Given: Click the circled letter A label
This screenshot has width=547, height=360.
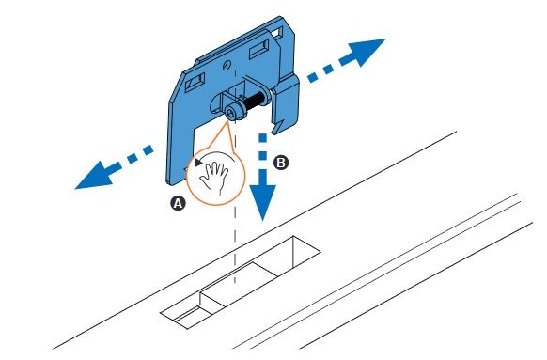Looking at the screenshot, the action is tap(178, 203).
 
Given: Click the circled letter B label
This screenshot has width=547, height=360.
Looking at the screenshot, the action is tap(280, 163).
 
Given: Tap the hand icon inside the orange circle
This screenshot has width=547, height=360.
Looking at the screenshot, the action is tap(213, 178).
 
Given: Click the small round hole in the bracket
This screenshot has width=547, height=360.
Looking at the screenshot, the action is tap(227, 65).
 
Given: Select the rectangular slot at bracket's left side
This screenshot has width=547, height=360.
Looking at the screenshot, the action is tap(195, 83).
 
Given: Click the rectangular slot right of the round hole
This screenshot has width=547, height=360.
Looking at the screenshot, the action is tap(258, 49).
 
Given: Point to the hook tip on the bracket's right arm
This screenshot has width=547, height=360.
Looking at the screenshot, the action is tap(275, 132).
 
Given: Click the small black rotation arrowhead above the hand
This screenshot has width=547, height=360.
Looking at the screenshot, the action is tap(198, 162).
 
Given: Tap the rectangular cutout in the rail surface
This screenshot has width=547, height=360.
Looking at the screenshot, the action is tap(240, 282).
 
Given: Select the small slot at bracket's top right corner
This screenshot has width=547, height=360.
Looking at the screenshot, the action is tap(276, 33).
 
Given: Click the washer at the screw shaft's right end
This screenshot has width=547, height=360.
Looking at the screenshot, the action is tap(267, 95).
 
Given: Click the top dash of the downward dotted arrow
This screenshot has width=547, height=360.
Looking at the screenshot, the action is tap(262, 138).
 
